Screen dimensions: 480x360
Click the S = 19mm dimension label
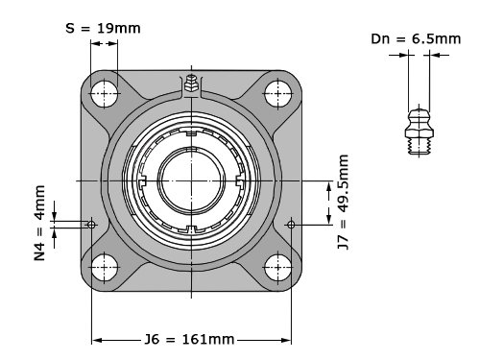tap(103, 28)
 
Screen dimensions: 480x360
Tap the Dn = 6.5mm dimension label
tap(416, 39)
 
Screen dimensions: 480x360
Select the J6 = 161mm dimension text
tap(189, 339)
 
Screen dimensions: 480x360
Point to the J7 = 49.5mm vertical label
tap(344, 202)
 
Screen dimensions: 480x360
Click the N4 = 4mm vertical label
tap(39, 223)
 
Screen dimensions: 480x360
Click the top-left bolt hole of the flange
tap(104, 94)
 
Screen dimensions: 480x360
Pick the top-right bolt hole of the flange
tap(278, 94)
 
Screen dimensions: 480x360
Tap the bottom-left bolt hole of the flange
tap(104, 268)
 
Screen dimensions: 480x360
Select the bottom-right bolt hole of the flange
tap(278, 268)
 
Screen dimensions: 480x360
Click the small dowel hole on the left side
tap(91, 225)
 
